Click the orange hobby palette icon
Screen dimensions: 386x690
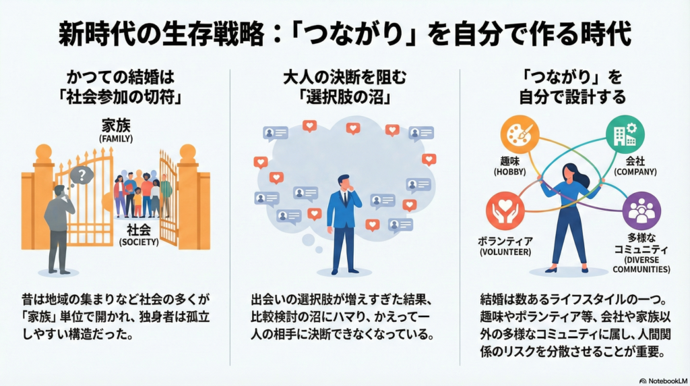click(x=520, y=134)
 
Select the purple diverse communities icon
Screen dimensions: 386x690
click(x=641, y=211)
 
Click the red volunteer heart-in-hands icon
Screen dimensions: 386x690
click(x=505, y=211)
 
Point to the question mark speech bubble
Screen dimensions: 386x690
click(x=82, y=175)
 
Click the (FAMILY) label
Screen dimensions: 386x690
click(x=116, y=139)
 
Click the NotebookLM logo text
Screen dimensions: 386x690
click(x=663, y=379)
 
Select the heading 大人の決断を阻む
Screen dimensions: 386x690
click(x=345, y=76)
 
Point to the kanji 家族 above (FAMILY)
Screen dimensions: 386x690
click(x=116, y=126)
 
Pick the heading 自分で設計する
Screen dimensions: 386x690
click(x=572, y=96)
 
